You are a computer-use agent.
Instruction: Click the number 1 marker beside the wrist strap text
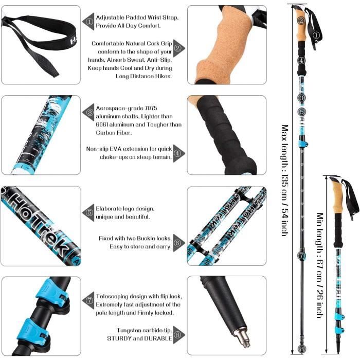[88, 22]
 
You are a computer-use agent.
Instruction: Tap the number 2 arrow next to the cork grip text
[179, 48]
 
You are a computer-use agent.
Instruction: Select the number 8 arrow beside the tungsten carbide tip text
[179, 335]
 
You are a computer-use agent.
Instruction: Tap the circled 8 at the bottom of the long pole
[302, 349]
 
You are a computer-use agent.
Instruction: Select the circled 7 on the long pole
[302, 256]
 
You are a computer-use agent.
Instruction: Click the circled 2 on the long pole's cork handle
[301, 21]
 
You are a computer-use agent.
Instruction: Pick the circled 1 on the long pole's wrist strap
[316, 35]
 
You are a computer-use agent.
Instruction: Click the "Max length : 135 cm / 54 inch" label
[285, 181]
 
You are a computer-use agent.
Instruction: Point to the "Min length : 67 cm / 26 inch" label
[320, 265]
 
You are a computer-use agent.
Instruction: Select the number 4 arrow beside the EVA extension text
[179, 153]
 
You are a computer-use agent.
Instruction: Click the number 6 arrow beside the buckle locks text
[179, 243]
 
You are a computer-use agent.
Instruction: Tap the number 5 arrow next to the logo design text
[88, 212]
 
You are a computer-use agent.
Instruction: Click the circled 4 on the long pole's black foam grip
[301, 61]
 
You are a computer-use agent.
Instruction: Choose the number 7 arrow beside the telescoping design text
[88, 300]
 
